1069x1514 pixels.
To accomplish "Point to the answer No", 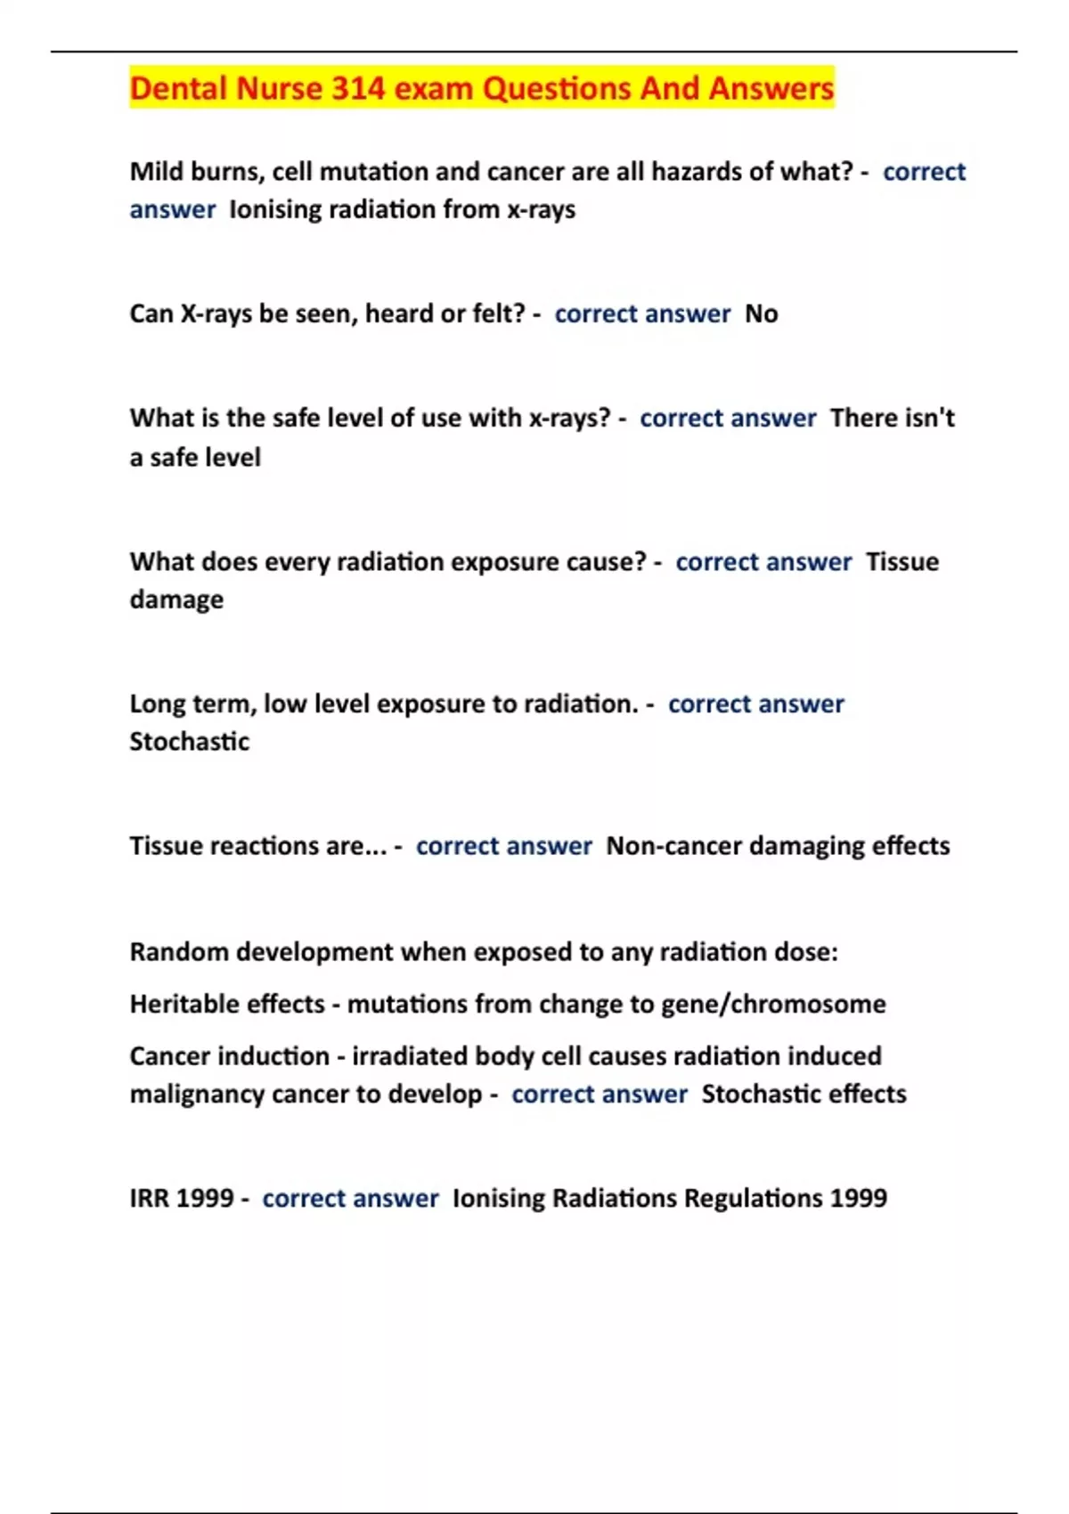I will pos(761,313).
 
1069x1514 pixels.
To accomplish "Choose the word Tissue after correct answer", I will pos(902,562).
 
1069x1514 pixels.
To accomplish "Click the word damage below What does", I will pos(176,600).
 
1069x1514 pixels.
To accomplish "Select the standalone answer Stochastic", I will pos(189,742).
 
